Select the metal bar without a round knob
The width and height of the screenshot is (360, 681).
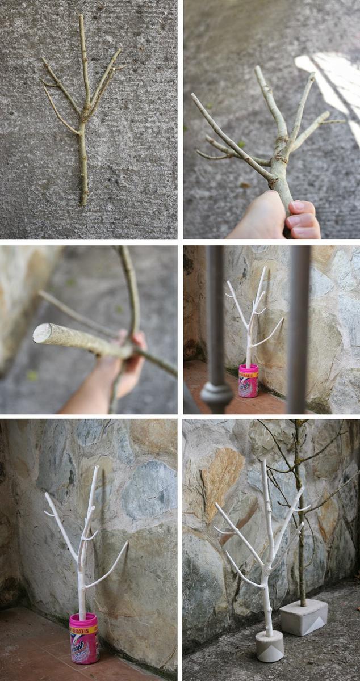299,329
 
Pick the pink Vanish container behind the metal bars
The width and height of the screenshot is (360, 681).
248,381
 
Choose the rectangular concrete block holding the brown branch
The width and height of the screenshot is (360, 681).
303,617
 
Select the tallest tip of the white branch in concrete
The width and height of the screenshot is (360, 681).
263,461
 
